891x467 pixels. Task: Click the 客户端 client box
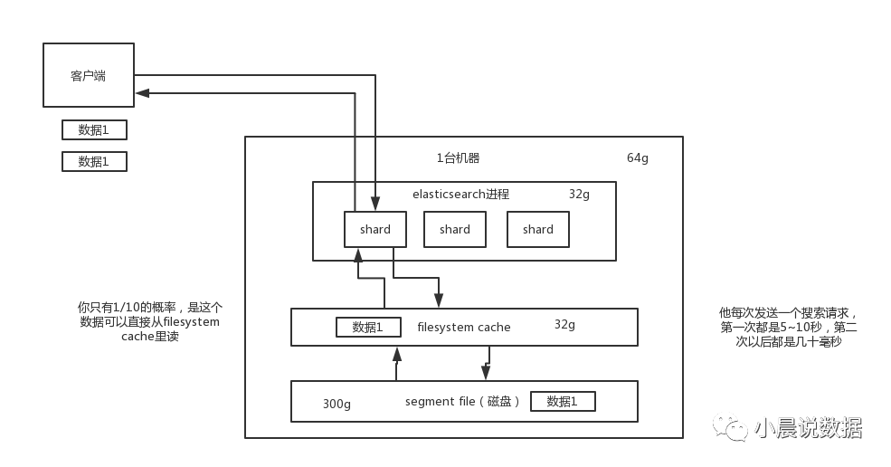point(89,75)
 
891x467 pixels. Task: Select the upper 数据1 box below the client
point(94,129)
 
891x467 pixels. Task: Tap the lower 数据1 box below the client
point(94,161)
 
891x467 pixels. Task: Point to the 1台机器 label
point(458,158)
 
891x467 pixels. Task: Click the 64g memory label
point(638,158)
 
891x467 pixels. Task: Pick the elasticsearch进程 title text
point(460,194)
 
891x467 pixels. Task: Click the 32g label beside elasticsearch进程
point(579,194)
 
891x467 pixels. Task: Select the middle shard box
point(455,229)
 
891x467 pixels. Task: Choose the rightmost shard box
point(538,229)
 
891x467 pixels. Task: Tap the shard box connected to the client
point(375,229)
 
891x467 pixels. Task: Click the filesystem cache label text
point(464,327)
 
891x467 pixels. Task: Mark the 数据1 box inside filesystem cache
point(368,327)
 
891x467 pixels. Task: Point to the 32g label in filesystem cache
point(564,324)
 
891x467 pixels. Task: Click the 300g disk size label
point(336,404)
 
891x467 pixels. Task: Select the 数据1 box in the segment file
point(563,401)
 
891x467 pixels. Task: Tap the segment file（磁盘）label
point(462,402)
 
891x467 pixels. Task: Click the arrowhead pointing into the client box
point(142,93)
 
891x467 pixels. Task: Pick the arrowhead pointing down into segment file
point(486,373)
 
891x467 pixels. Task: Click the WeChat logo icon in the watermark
point(730,426)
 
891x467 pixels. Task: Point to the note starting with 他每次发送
point(789,327)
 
